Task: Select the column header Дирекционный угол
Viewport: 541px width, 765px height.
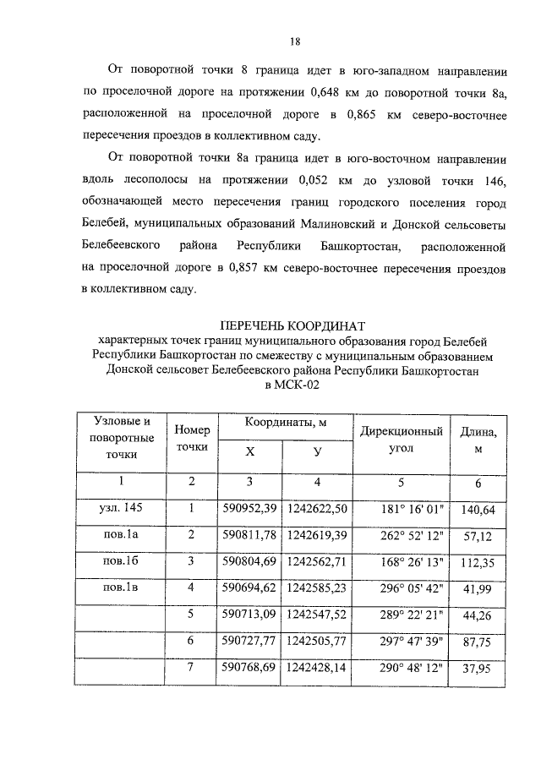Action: [x=402, y=440]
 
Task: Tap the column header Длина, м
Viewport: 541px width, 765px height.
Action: [x=478, y=440]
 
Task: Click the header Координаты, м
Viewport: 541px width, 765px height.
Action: [x=287, y=423]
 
